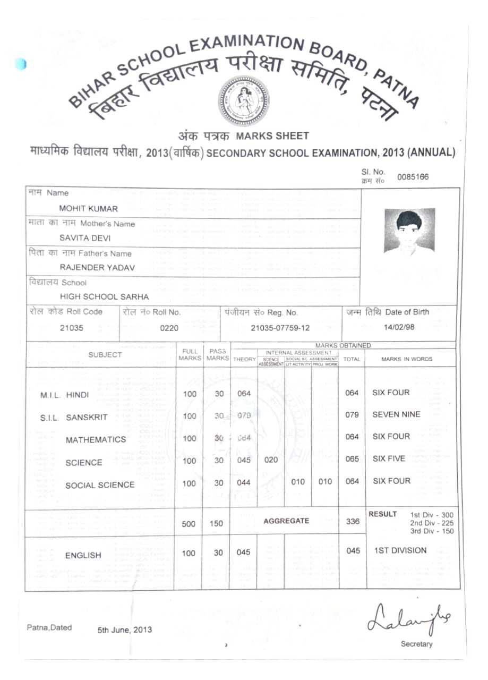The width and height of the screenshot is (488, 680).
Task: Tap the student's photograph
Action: tap(409, 231)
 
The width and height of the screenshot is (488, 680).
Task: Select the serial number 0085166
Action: tap(412, 177)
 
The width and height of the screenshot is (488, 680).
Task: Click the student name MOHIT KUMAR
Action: tap(89, 209)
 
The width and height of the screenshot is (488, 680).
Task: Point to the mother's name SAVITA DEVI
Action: tap(85, 239)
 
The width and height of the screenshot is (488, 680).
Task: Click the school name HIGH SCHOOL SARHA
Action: tap(104, 297)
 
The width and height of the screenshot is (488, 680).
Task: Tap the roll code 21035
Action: tap(72, 328)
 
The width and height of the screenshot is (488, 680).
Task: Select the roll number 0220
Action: tap(169, 328)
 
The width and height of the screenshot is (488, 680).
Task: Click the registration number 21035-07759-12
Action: tap(280, 328)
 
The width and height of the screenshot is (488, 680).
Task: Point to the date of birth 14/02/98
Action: tap(399, 327)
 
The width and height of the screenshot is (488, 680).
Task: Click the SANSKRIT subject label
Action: tap(87, 418)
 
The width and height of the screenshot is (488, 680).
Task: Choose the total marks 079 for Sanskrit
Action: tap(352, 415)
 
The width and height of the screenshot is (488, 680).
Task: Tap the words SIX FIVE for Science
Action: tap(389, 458)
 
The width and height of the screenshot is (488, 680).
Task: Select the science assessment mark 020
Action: tap(271, 460)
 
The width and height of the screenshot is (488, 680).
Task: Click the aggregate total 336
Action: tap(353, 521)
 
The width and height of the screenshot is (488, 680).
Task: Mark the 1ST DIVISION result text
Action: tap(400, 550)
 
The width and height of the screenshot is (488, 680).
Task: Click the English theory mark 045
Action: tap(243, 552)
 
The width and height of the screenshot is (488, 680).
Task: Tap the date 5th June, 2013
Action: tap(124, 630)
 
